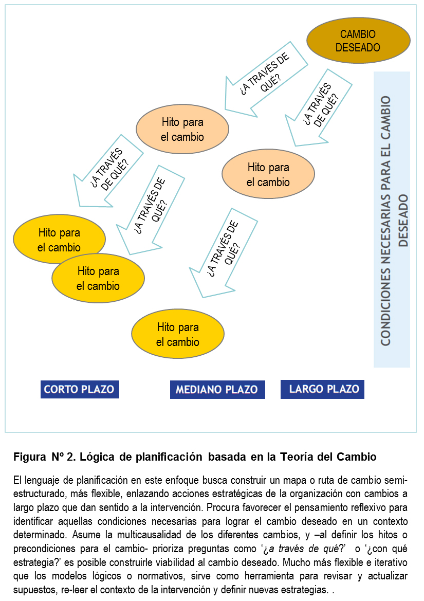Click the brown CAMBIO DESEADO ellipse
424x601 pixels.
(358, 41)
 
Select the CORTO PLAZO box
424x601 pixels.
(80, 389)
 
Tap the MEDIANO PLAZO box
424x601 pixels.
(217, 390)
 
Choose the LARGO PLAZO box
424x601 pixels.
(322, 389)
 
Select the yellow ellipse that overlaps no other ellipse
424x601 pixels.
(178, 335)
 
